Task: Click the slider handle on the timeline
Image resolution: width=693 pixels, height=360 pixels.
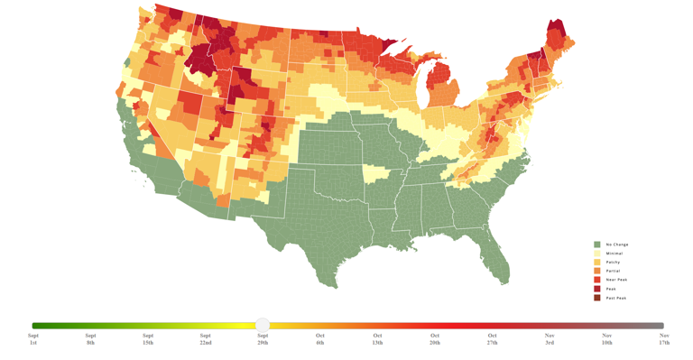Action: tap(263, 325)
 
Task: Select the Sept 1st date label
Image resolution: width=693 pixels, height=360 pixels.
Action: tap(33, 339)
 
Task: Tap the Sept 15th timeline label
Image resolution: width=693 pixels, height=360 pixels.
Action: tap(148, 339)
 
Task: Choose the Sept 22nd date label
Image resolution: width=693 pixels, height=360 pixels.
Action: tap(206, 339)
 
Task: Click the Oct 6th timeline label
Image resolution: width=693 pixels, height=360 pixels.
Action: tap(320, 339)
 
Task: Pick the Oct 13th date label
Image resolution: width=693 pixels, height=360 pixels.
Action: tap(377, 339)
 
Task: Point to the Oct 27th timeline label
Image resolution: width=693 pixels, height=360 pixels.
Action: tap(492, 339)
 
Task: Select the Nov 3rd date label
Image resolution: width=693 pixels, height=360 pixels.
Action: tap(550, 339)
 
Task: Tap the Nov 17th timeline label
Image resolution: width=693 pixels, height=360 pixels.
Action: tap(664, 339)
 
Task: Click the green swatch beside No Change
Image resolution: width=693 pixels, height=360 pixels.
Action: tap(596, 245)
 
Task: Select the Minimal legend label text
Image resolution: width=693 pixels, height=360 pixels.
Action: tap(614, 254)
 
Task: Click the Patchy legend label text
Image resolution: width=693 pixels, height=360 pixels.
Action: tap(613, 263)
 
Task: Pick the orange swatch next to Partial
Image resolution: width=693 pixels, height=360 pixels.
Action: tap(596, 271)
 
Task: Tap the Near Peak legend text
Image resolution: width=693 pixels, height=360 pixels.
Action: tap(616, 280)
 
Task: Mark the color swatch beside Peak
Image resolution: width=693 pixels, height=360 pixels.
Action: tap(596, 289)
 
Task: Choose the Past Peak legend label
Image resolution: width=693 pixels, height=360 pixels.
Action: tap(616, 298)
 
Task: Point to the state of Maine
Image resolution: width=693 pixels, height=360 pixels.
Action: tap(557, 36)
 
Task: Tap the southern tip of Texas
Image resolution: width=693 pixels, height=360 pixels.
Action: tap(332, 280)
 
